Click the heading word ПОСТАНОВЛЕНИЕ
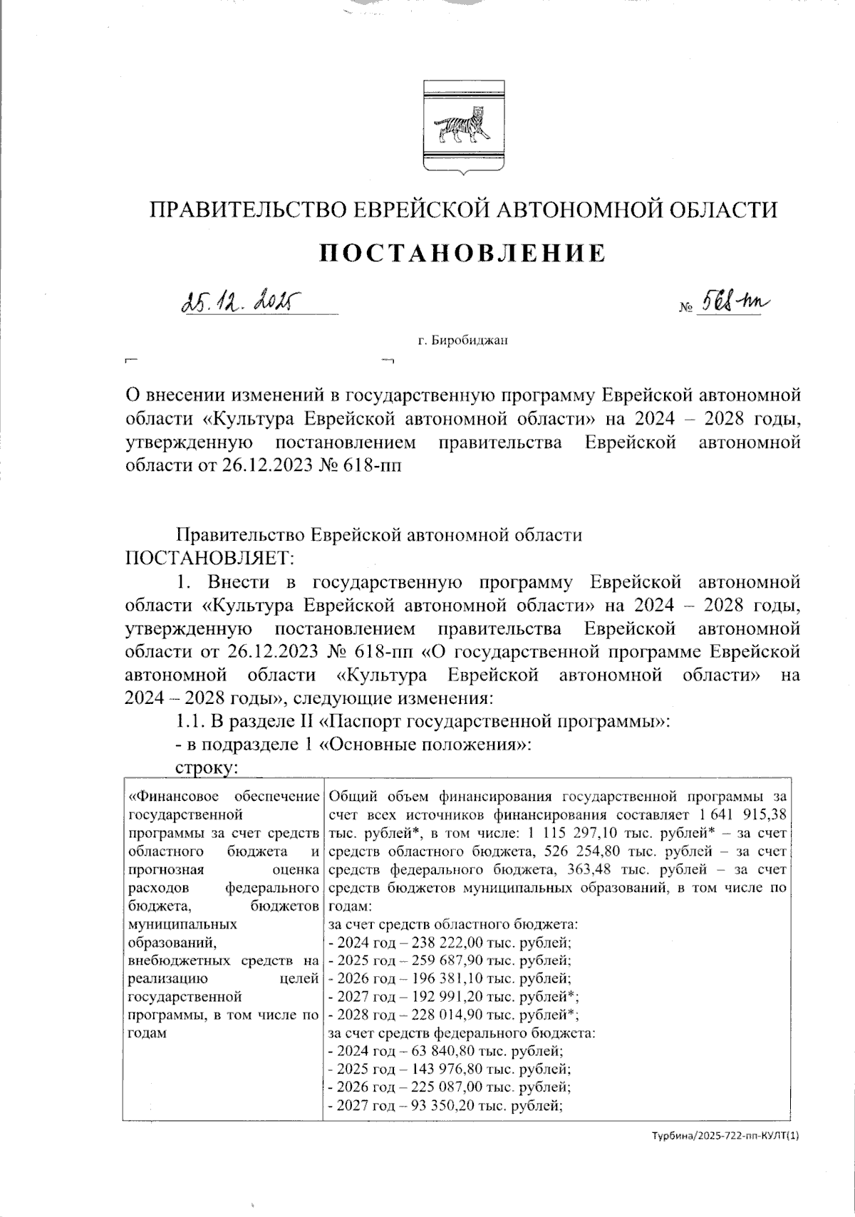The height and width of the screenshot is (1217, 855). pyautogui.click(x=462, y=252)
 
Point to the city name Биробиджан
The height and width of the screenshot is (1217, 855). pyautogui.click(x=469, y=341)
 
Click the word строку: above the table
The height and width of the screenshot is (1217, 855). pyautogui.click(x=206, y=767)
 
